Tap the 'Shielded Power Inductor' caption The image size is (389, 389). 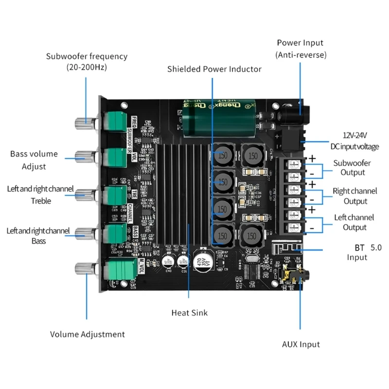click(214, 69)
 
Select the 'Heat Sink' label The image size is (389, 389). click(189, 313)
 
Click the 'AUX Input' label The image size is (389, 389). click(301, 344)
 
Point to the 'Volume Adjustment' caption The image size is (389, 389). click(88, 334)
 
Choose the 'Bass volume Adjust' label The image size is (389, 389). click(34, 160)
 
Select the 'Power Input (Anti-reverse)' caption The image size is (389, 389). click(300, 49)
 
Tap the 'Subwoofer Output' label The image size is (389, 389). click(352, 168)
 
